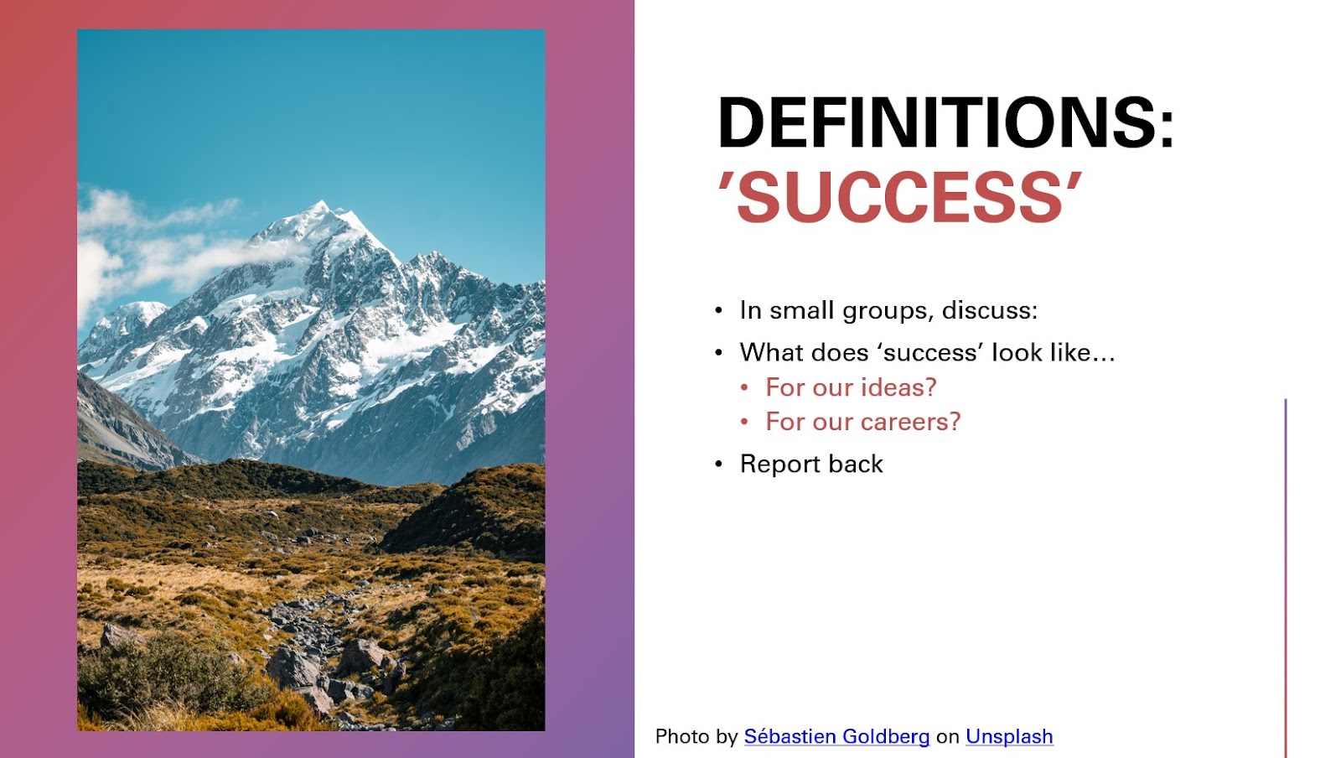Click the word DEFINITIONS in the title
938,122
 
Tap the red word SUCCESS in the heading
899,198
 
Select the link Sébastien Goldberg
836,736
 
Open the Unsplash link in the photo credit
1009,736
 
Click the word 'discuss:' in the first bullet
990,311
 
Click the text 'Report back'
811,464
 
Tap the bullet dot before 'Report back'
719,465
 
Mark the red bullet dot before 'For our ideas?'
744,388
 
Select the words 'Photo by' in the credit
696,736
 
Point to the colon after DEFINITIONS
1167,131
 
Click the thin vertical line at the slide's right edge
1286,579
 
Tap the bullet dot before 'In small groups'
719,311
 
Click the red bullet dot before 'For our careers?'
744,422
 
